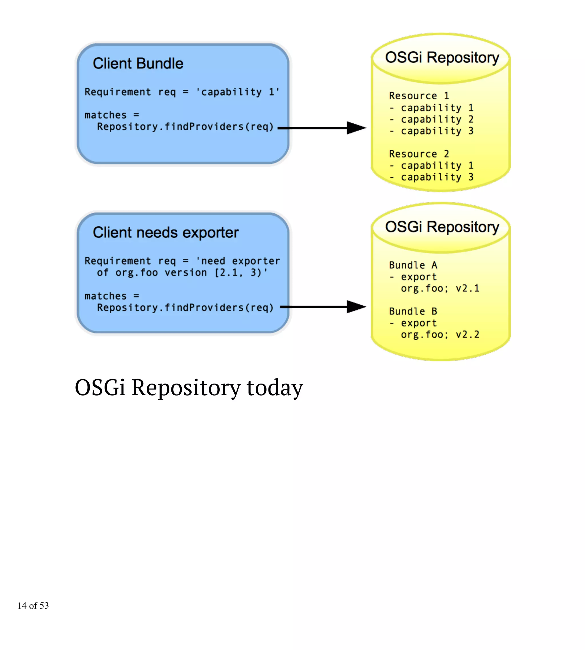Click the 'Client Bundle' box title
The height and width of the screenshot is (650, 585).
(x=138, y=63)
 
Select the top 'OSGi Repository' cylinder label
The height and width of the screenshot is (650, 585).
(x=442, y=58)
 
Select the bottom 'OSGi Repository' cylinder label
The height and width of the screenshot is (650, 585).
(x=442, y=227)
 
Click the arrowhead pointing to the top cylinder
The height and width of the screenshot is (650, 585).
(x=356, y=128)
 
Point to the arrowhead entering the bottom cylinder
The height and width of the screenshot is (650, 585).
(x=356, y=307)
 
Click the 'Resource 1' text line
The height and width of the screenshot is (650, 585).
(x=419, y=96)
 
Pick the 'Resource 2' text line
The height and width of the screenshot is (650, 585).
(x=419, y=154)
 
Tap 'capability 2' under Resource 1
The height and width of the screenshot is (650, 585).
(x=437, y=119)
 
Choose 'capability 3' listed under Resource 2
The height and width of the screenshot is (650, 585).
(x=437, y=177)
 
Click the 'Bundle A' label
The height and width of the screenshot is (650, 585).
(x=413, y=265)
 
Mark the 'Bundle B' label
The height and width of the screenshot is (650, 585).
(x=413, y=311)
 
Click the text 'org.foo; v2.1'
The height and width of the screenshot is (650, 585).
(x=440, y=288)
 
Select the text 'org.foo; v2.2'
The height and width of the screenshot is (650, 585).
(x=440, y=335)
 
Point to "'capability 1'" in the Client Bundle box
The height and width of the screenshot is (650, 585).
(x=238, y=92)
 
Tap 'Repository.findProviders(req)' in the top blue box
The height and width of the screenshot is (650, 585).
(x=185, y=127)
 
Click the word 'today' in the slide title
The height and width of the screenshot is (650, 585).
(x=275, y=388)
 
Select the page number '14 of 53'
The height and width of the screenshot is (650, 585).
(x=33, y=606)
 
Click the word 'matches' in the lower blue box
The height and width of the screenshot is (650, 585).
(x=105, y=296)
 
